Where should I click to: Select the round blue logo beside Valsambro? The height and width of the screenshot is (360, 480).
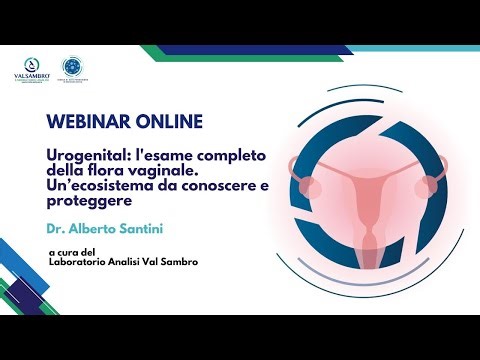pyautogui.click(x=74, y=67)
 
